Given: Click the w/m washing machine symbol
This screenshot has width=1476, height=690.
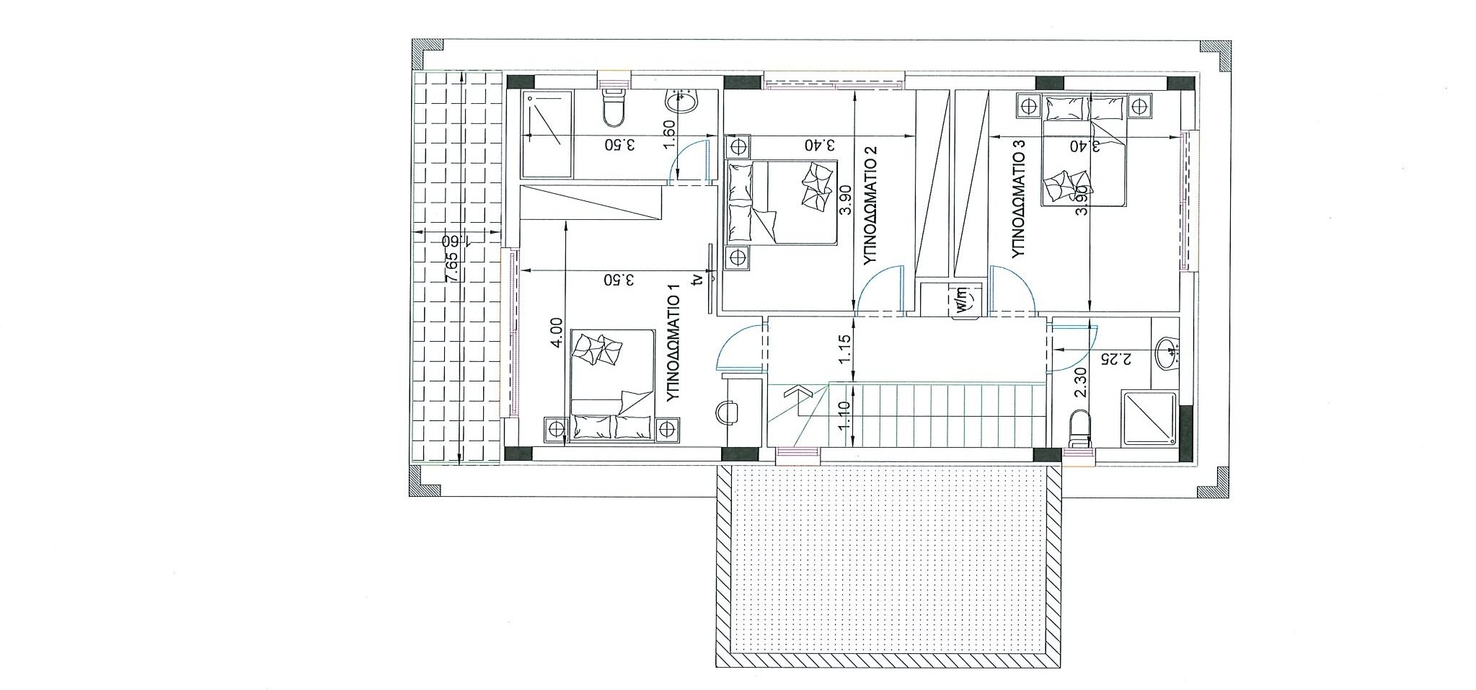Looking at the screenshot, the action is pos(964,299).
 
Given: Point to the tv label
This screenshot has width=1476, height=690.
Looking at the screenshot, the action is pos(696,279).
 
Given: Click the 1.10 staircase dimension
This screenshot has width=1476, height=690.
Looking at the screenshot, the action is pos(846,415).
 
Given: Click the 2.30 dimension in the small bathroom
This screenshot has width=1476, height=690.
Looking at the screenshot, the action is pos(1080,383).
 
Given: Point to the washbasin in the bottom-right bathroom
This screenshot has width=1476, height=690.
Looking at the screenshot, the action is pos(1166,354).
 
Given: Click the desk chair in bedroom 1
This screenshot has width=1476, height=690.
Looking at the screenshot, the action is pos(727,411).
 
